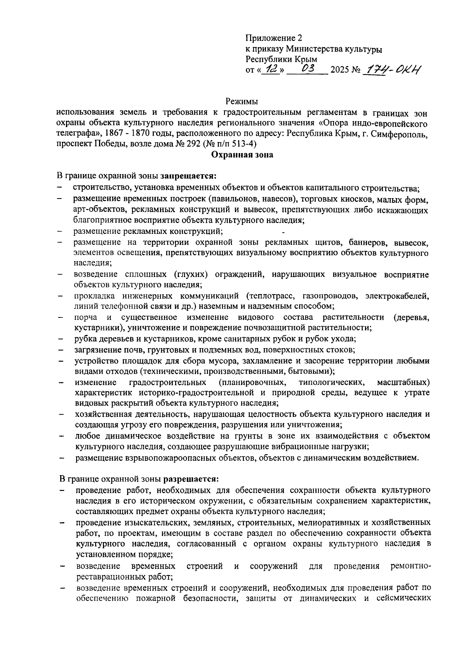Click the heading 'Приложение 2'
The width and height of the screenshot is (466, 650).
point(273,38)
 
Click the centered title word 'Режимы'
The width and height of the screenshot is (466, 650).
point(242,102)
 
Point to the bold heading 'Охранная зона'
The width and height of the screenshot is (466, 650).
point(242,155)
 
